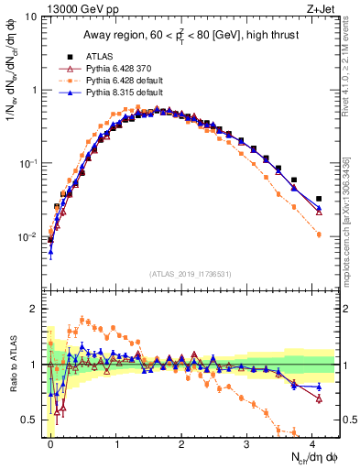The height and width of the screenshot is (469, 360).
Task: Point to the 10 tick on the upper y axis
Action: click(30, 17)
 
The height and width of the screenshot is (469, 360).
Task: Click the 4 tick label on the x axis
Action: click(313, 442)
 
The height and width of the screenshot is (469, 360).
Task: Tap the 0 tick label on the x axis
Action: click(50, 442)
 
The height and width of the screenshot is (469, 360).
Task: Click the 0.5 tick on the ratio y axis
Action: click(31, 420)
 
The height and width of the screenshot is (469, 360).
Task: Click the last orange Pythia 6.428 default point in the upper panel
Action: click(319, 234)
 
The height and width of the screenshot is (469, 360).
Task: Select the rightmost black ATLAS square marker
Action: click(319, 199)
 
